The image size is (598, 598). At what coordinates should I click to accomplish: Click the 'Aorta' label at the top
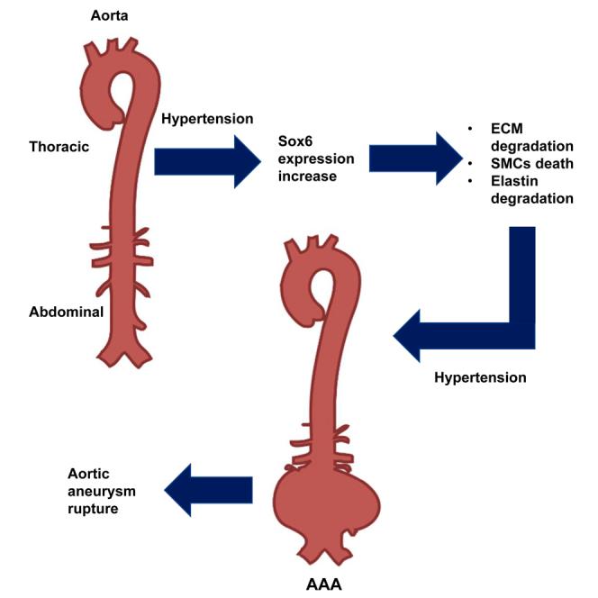tap(109, 15)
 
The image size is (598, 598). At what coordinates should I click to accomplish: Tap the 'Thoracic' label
tap(59, 147)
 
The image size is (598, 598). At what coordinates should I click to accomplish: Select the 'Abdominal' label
tap(64, 312)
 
